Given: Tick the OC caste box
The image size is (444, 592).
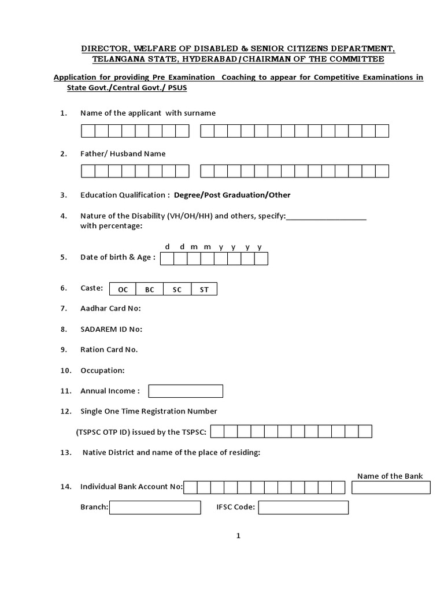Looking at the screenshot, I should pyautogui.click(x=123, y=290).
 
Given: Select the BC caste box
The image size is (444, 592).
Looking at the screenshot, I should pyautogui.click(x=150, y=290).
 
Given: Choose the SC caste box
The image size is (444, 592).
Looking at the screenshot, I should pyautogui.click(x=177, y=290).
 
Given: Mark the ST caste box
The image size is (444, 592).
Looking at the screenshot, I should pyautogui.click(x=204, y=290).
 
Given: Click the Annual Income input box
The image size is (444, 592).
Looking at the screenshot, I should pyautogui.click(x=186, y=391).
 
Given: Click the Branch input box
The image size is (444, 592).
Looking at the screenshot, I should pyautogui.click(x=155, y=508).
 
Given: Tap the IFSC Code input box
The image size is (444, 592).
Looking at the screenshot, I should pyautogui.click(x=303, y=508).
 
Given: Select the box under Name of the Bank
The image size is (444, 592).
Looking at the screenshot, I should pyautogui.click(x=391, y=487).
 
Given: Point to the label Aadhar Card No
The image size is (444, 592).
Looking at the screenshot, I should pyautogui.click(x=110, y=309).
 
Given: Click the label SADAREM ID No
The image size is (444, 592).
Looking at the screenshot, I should pyautogui.click(x=111, y=330).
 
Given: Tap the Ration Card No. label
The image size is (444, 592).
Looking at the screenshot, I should pyautogui.click(x=109, y=350).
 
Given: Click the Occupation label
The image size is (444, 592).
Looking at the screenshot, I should pyautogui.click(x=102, y=371).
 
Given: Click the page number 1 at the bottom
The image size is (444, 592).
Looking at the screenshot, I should pyautogui.click(x=238, y=536).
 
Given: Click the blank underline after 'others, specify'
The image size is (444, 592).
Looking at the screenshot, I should pyautogui.click(x=327, y=216).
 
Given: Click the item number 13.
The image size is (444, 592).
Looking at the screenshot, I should pyautogui.click(x=65, y=453).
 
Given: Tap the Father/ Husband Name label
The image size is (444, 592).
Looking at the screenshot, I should pyautogui.click(x=123, y=154).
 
